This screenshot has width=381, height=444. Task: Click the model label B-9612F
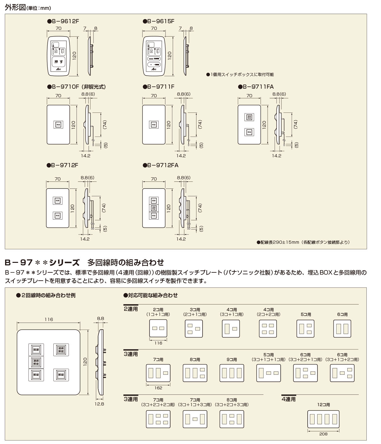63,21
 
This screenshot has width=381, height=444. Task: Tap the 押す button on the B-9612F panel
58,62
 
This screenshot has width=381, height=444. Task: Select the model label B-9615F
158,21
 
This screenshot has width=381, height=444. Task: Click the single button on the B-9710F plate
58,125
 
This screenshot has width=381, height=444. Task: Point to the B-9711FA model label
256,86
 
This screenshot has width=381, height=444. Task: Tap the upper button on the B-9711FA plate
249,117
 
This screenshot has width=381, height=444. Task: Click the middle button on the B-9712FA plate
154,208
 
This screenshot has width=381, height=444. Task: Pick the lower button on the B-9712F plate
57,216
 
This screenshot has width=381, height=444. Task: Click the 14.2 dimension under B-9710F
85,156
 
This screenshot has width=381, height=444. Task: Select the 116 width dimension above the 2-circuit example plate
49,319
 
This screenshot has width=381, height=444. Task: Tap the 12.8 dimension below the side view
99,404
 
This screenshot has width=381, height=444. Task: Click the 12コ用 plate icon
324,419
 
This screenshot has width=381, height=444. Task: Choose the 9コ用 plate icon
232,373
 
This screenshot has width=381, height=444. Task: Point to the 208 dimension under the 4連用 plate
323,434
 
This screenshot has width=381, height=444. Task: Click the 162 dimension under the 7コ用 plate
158,388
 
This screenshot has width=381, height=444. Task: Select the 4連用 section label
289,399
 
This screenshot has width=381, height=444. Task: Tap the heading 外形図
15,7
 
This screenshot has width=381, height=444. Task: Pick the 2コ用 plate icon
158,328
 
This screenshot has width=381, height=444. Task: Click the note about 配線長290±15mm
303,242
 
